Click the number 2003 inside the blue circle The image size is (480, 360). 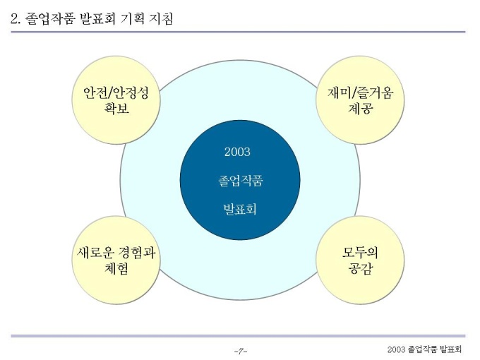pos(237,152)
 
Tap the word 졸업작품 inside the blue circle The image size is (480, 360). pos(237,181)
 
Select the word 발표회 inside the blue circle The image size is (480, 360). pos(237,210)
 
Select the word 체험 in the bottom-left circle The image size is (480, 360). pos(116,268)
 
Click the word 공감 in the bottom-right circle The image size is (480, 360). pos(360,268)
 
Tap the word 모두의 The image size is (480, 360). pos(360,251)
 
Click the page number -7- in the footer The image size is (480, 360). pos(240,350)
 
